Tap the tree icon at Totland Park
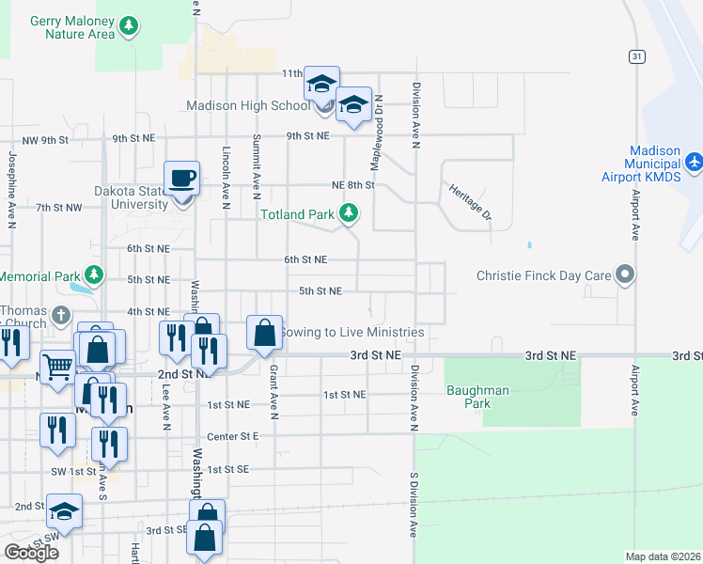pyautogui.click(x=349, y=214)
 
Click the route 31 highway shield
pyautogui.click(x=637, y=56)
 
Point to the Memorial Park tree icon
pyautogui.click(x=93, y=276)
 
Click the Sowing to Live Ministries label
pyautogui.click(x=352, y=332)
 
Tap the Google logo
pyautogui.click(x=31, y=553)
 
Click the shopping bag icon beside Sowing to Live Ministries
pyautogui.click(x=264, y=332)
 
